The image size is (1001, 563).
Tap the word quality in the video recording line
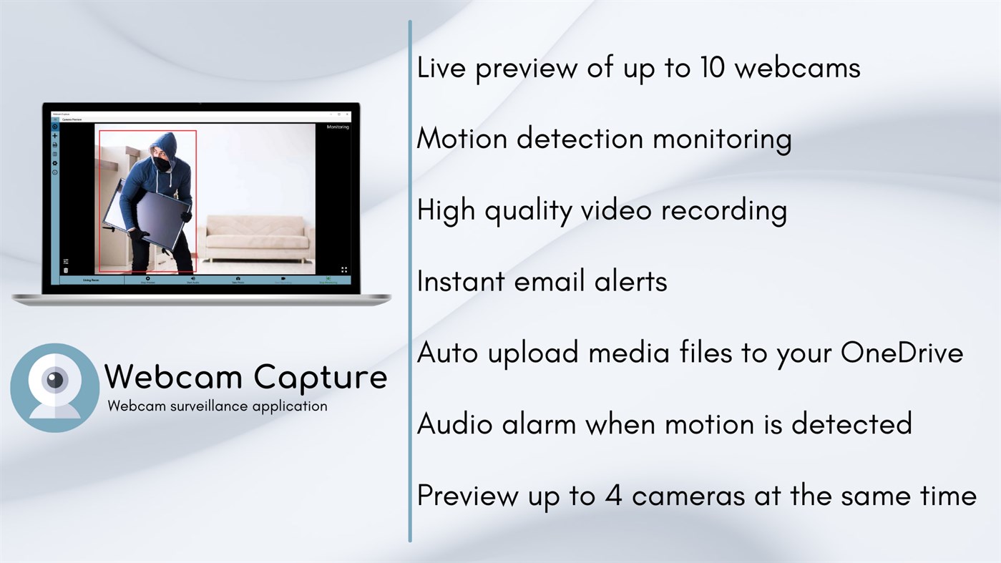click(528, 211)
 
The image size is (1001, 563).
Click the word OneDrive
click(902, 353)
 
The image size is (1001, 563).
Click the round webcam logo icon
click(55, 387)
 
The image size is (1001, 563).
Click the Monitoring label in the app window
click(337, 127)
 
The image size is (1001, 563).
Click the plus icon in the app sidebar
click(55, 136)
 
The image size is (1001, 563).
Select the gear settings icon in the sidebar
click(55, 163)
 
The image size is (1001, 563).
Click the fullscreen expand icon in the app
click(344, 270)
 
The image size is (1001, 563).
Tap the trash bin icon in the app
click(66, 270)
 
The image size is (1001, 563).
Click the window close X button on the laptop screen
click(348, 114)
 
